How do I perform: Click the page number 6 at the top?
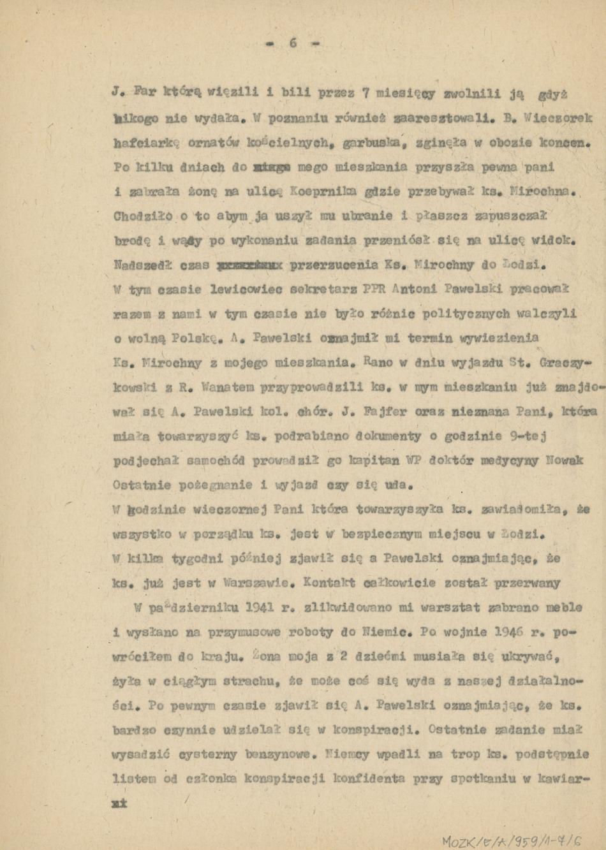click(293, 43)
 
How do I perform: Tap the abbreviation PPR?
click(374, 289)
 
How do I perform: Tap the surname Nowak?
click(566, 460)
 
